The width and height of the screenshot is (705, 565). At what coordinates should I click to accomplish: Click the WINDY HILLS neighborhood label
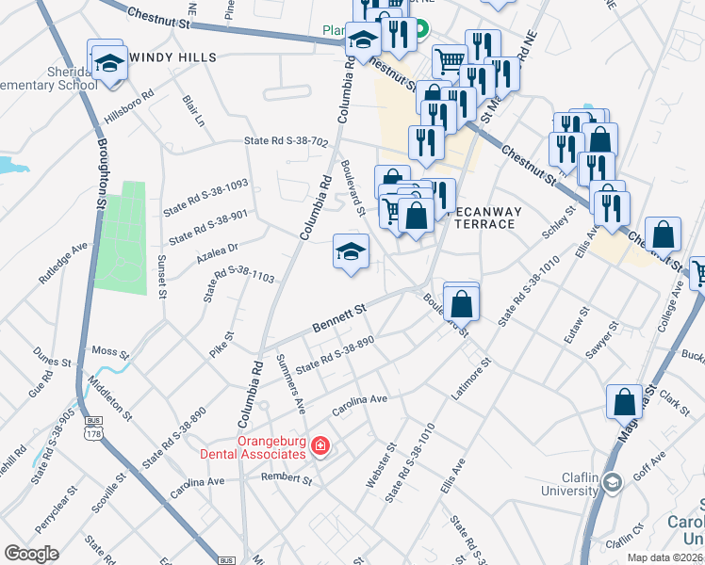[172, 57]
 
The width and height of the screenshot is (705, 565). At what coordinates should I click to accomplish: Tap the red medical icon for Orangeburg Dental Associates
[320, 445]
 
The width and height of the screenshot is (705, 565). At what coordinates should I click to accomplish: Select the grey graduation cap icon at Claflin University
[613, 483]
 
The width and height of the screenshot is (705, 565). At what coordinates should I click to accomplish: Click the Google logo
[32, 553]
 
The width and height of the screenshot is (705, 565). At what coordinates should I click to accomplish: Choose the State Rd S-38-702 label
[286, 142]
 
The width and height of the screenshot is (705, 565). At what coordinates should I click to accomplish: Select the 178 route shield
[92, 431]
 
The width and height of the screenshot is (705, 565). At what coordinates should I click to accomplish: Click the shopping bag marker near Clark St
[624, 402]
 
